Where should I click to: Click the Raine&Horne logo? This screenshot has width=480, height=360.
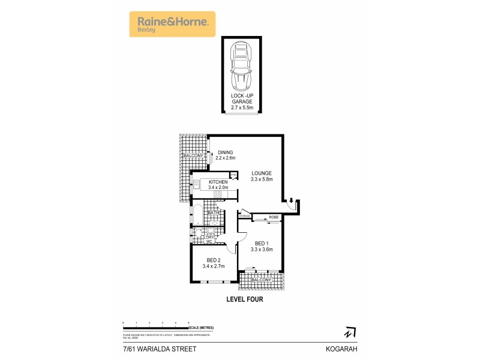click(x=172, y=24)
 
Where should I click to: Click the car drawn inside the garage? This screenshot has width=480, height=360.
click(x=242, y=67)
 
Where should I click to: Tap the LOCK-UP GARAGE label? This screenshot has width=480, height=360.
click(x=242, y=101)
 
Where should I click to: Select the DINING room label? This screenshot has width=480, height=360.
click(x=226, y=155)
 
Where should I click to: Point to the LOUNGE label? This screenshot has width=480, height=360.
click(x=262, y=175)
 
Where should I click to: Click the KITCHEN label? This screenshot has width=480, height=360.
click(x=218, y=184)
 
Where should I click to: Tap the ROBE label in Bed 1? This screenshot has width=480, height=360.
click(x=273, y=217)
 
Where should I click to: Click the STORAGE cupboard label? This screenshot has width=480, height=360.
click(x=245, y=216)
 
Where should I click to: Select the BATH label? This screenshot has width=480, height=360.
click(x=213, y=213)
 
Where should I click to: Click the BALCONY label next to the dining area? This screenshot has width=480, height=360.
click(x=193, y=156)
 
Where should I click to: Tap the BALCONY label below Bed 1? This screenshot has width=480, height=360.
click(x=262, y=280)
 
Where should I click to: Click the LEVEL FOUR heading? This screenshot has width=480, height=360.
click(x=244, y=298)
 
